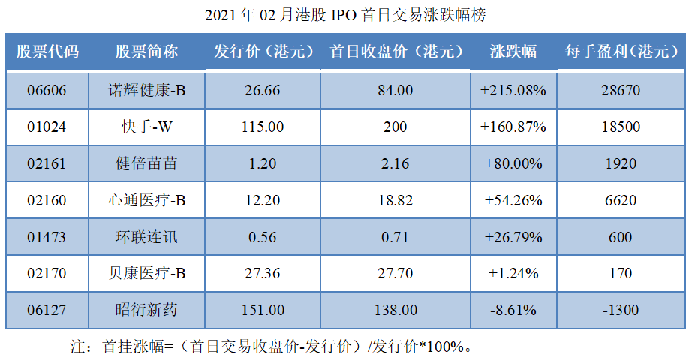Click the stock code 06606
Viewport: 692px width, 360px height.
[47, 91]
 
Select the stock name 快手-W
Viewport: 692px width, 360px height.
[147, 127]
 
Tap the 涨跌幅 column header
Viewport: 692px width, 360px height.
[513, 52]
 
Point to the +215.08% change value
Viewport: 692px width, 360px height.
[513, 91]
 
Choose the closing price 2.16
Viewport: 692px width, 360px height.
[395, 164]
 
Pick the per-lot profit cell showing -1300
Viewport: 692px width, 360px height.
[620, 310]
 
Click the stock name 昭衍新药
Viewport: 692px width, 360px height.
[147, 310]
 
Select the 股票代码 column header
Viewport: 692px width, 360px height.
[47, 52]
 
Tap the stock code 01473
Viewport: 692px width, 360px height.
[47, 237]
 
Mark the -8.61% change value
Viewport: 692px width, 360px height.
[513, 310]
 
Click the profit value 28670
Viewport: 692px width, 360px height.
[620, 91]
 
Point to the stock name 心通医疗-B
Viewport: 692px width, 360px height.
[147, 200]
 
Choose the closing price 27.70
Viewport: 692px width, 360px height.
[395, 274]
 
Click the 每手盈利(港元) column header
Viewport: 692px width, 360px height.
[620, 52]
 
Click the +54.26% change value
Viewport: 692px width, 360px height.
[513, 200]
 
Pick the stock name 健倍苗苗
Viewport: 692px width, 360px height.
[147, 164]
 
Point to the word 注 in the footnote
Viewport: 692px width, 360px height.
[77, 346]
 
